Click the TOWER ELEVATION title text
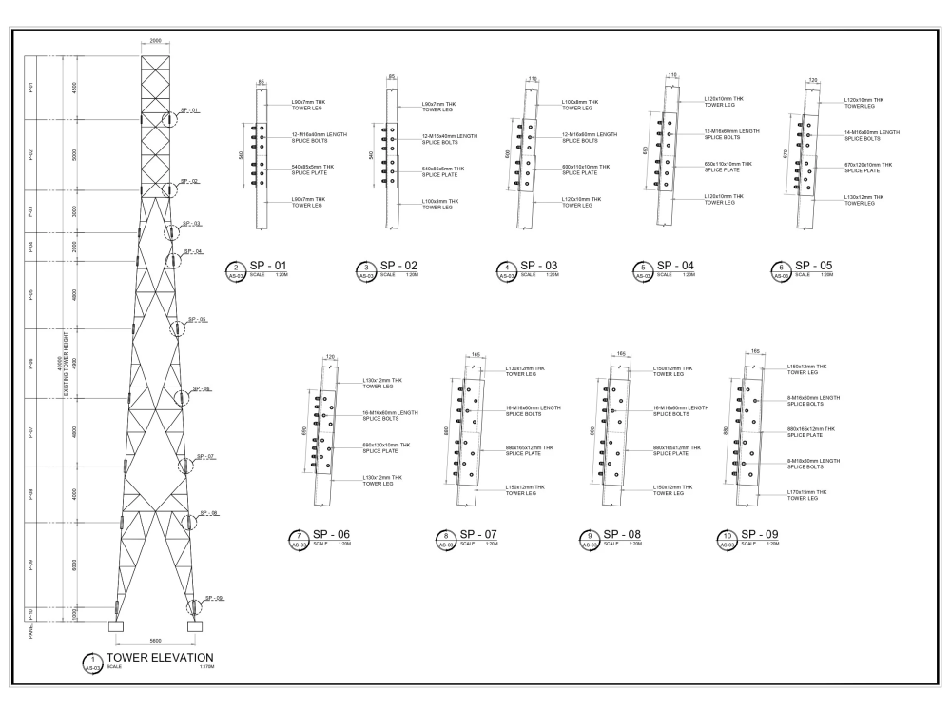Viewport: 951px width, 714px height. click(x=160, y=658)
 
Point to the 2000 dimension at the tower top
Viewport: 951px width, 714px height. click(x=156, y=42)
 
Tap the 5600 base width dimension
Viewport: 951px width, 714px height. click(x=156, y=641)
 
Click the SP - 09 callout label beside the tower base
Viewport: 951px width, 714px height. click(x=212, y=598)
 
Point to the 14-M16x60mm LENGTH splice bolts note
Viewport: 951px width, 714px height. click(x=871, y=134)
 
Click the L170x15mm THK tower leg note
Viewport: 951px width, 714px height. click(x=807, y=494)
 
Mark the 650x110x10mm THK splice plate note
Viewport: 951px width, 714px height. click(x=731, y=167)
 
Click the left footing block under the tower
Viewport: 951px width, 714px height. click(x=117, y=626)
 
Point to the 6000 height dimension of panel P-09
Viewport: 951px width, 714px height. click(x=73, y=563)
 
